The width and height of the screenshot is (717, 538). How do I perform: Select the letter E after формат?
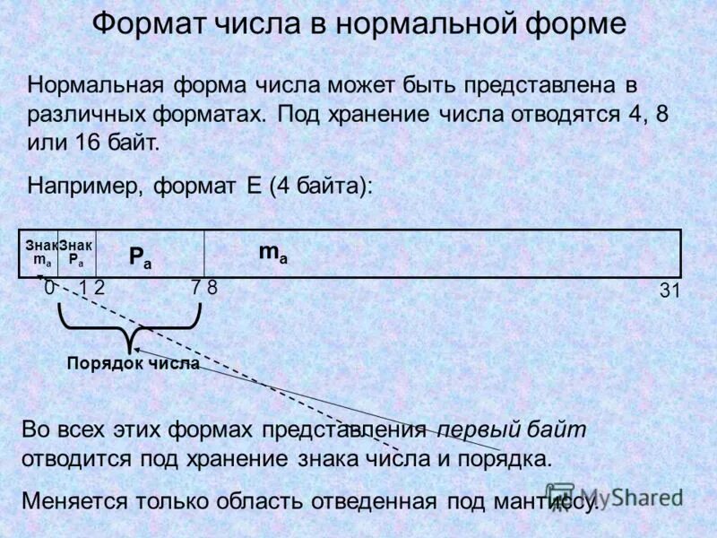(251, 186)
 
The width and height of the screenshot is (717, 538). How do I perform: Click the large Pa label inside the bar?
(141, 257)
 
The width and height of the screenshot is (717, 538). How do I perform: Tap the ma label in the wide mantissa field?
(273, 254)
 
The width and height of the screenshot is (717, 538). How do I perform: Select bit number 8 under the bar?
(212, 288)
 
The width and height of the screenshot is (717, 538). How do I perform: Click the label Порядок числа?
(133, 363)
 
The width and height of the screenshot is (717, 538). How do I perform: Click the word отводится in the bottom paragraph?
(78, 459)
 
